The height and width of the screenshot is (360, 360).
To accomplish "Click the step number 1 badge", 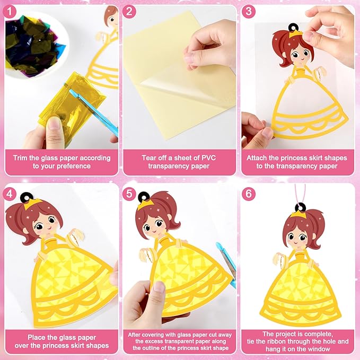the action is pos(10,12).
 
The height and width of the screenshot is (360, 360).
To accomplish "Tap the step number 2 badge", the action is pos(129,12).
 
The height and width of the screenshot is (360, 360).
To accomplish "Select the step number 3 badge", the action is pos(249,12).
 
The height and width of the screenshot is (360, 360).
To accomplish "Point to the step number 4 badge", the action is pos(10,194).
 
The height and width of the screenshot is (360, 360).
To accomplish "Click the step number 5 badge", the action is pos(129,194).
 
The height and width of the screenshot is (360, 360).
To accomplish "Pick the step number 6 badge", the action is pos(249,194).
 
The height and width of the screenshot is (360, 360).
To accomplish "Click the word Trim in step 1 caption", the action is pos(20,158).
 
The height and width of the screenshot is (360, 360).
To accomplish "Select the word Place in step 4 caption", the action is pos(37,338).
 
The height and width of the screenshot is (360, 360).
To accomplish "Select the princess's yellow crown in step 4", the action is pos(32,204).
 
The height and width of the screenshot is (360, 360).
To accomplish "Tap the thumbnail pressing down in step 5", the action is pos(159,286).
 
